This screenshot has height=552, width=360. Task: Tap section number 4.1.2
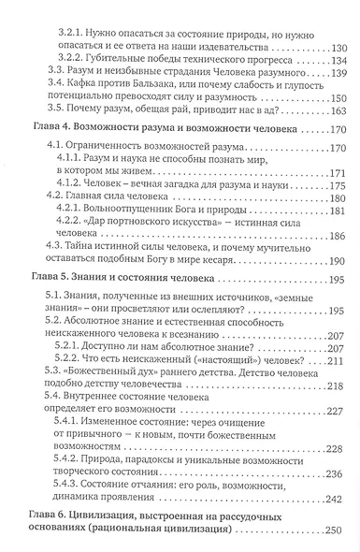[82, 207]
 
